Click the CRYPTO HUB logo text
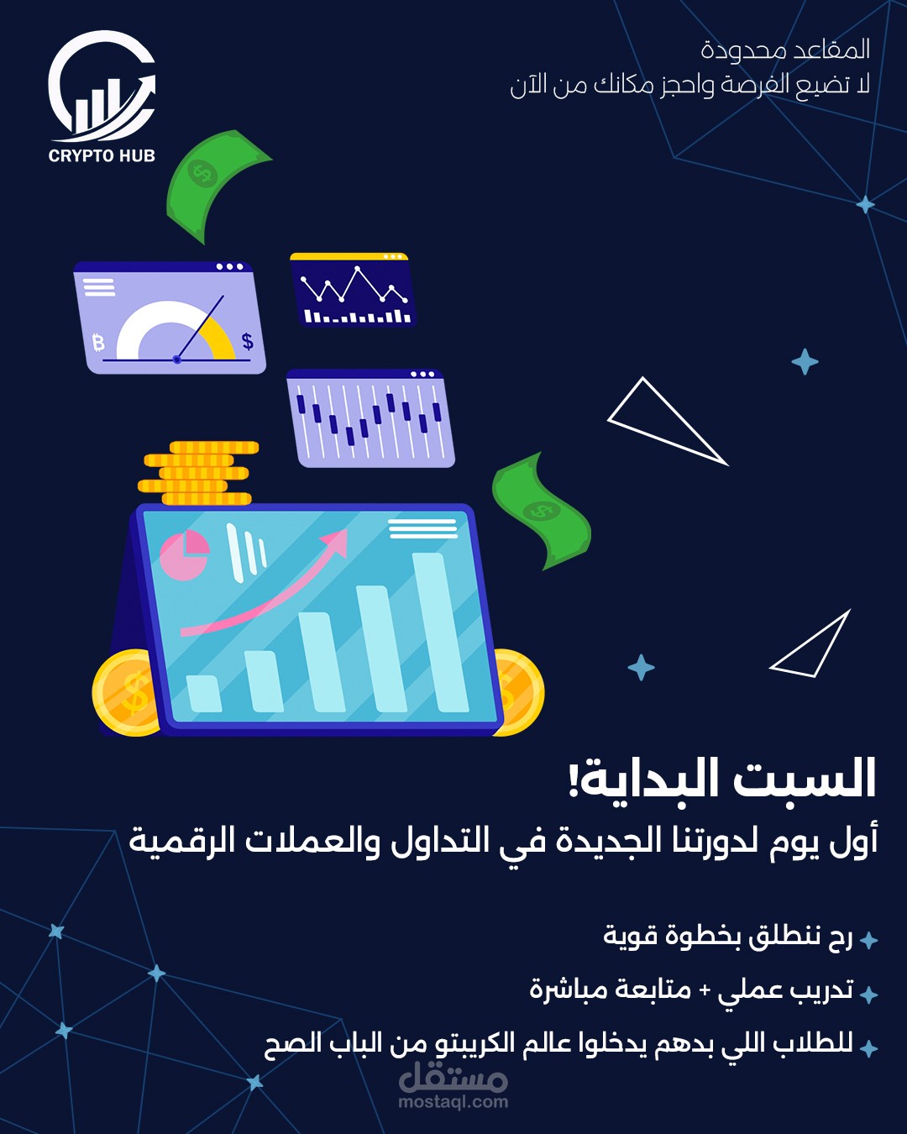click(102, 155)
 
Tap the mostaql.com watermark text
click(453, 1102)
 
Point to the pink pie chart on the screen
click(184, 555)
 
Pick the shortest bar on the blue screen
click(203, 693)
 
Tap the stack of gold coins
click(198, 473)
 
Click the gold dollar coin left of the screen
click(126, 693)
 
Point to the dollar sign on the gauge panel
click(247, 341)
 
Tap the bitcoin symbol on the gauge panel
click(98, 342)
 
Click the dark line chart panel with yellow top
click(352, 291)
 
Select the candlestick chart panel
click(370, 418)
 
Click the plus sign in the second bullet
click(705, 990)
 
